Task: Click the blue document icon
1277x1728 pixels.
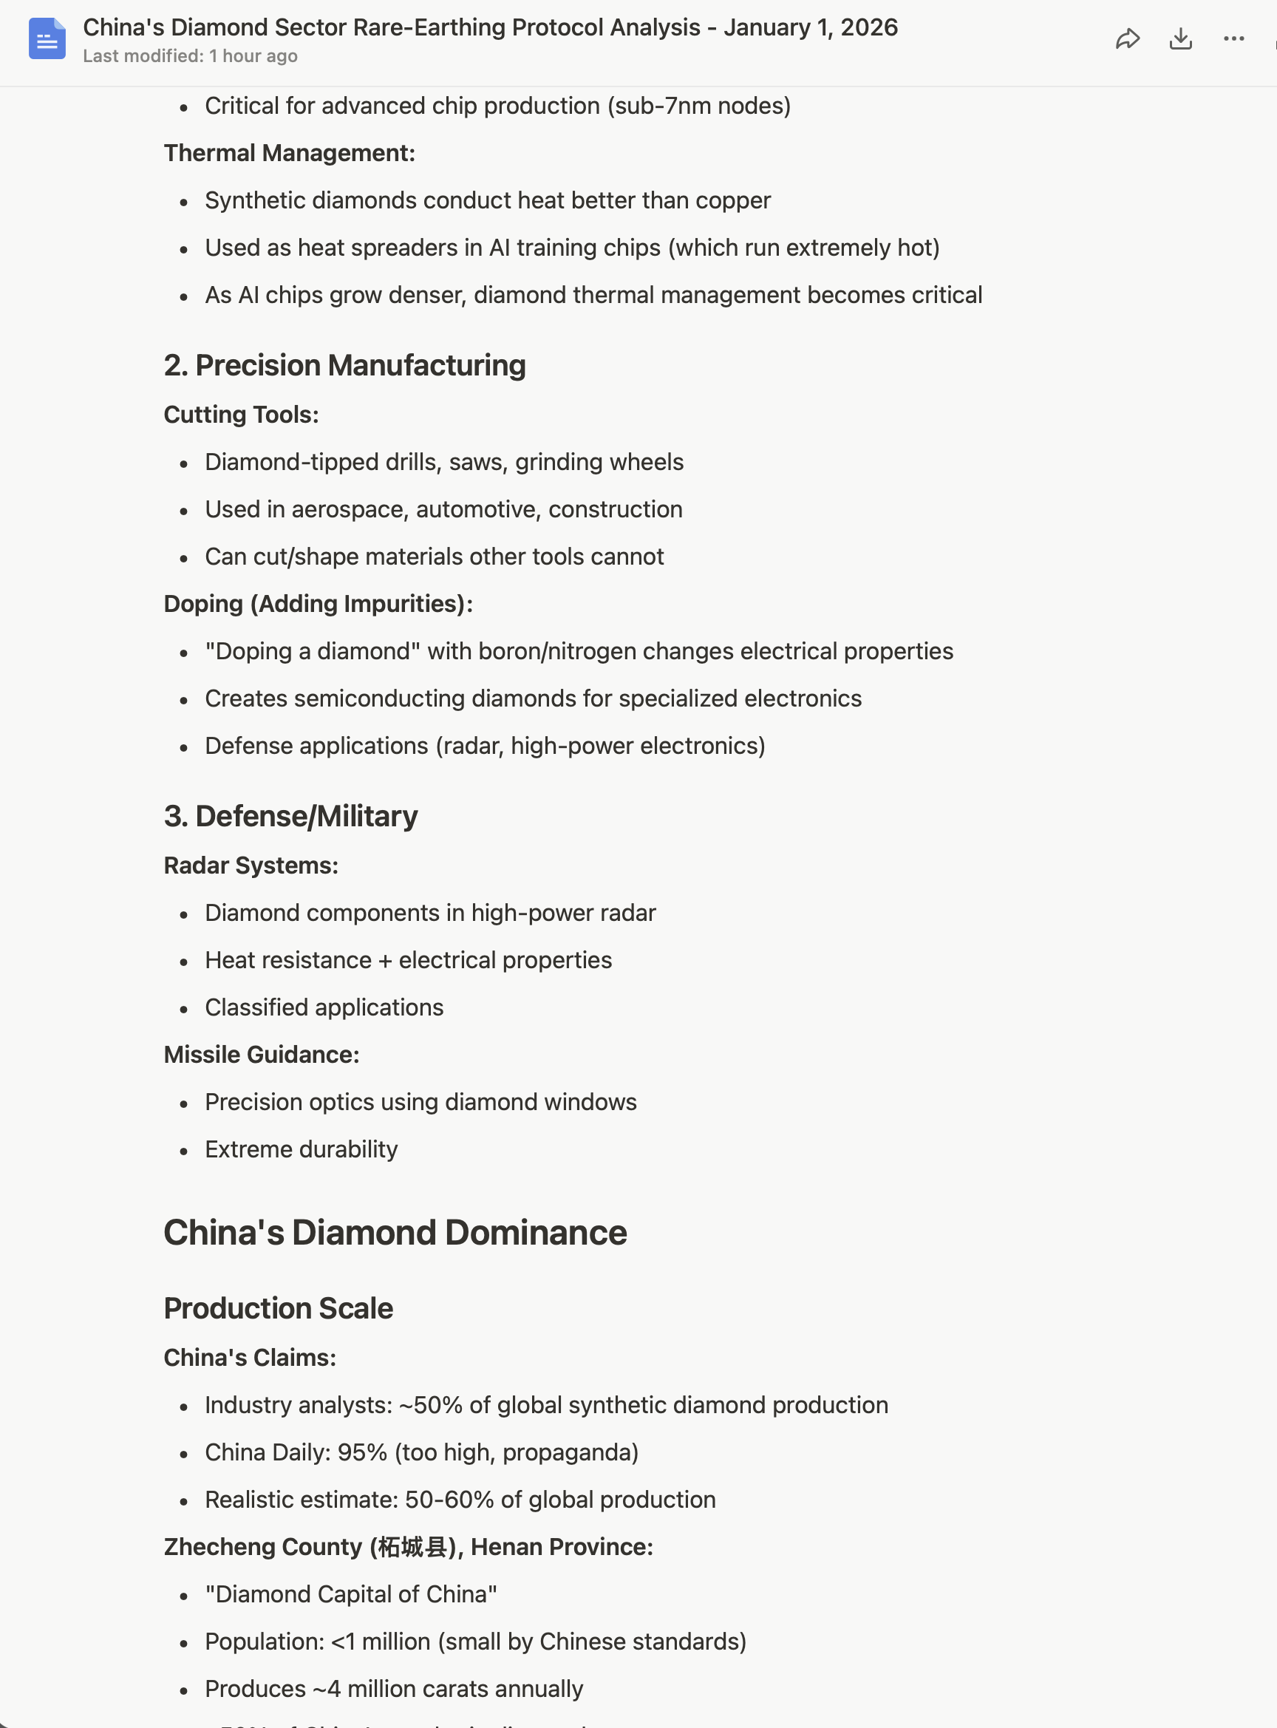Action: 47,38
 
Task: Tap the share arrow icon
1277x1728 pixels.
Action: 1128,38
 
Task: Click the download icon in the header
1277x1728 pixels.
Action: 1180,38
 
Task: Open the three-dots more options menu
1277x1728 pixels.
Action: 1233,38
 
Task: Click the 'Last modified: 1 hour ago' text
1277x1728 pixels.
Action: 190,56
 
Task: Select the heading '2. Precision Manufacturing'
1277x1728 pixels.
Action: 345,366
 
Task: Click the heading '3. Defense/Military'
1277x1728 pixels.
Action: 290,817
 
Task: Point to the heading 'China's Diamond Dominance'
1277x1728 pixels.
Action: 395,1232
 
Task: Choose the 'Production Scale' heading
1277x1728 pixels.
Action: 279,1308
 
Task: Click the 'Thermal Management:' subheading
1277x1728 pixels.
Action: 289,153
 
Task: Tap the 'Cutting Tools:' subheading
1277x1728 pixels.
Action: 241,415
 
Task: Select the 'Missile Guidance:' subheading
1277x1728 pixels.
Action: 262,1055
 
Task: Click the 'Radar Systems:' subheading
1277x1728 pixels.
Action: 251,865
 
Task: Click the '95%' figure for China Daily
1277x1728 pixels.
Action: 362,1452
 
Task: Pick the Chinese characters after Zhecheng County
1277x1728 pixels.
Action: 412,1547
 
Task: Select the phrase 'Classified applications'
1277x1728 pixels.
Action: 324,1007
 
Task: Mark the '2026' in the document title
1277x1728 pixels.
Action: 869,28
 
